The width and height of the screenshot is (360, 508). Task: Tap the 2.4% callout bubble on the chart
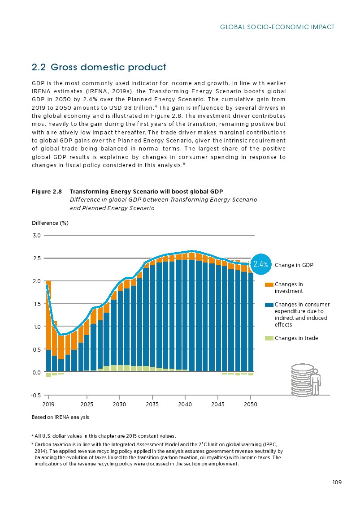coord(260,265)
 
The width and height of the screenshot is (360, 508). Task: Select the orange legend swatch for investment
coord(269,284)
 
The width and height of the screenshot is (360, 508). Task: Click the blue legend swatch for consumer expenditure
coord(269,305)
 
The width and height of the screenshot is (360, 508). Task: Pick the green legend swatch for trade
coord(269,338)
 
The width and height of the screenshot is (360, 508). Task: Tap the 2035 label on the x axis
coord(152,404)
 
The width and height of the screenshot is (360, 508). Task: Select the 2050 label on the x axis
coord(250,404)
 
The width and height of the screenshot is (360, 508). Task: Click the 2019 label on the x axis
coord(48,404)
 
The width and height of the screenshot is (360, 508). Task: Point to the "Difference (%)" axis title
coord(50,223)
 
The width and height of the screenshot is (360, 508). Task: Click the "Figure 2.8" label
coord(47,192)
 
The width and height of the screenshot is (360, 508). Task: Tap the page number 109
coord(337,482)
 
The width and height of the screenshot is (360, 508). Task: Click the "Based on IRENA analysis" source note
coord(61,418)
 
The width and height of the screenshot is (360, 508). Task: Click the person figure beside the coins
coord(317,382)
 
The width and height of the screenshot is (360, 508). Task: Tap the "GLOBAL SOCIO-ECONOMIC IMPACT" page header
coord(278,27)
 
